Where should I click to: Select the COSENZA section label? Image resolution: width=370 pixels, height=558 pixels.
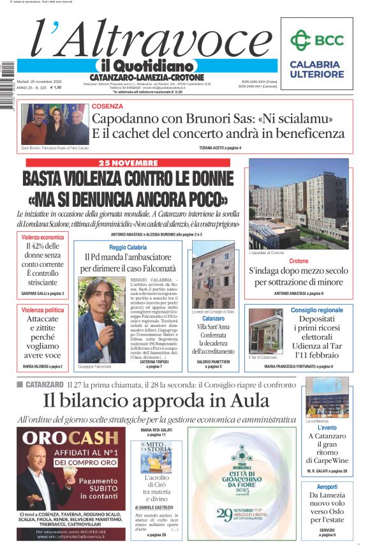coord(108,107)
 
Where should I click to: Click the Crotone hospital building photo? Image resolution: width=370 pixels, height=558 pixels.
coord(299,204)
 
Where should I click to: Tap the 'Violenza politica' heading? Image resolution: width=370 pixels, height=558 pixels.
coord(43,310)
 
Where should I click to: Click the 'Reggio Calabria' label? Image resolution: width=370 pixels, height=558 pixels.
coord(128,247)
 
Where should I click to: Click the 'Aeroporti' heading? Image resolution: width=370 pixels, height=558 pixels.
coord(327,486)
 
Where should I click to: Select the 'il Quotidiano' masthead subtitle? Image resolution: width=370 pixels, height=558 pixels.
coord(145,66)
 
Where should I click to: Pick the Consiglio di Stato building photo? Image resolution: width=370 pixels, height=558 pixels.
coord(213,276)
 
